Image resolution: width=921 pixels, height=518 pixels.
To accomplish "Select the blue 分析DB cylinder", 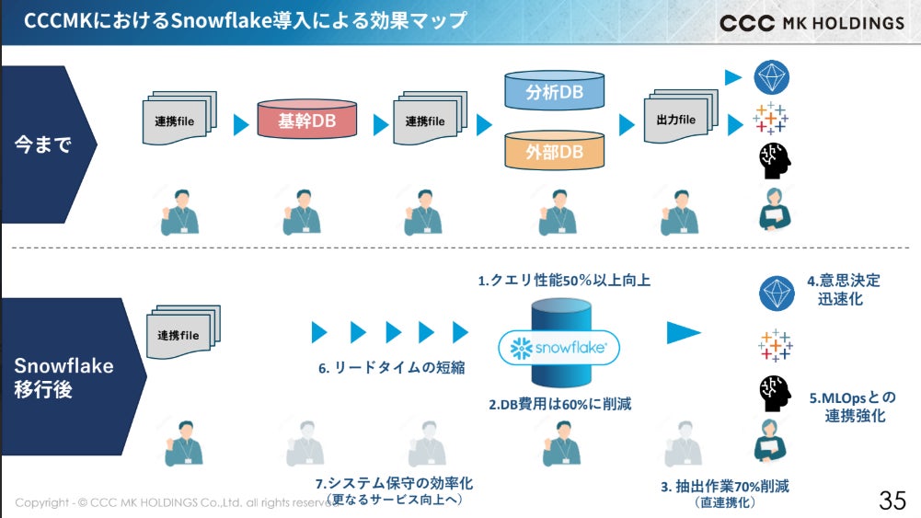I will click(555, 92).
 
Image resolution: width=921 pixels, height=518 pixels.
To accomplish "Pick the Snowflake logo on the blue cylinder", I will click(558, 349).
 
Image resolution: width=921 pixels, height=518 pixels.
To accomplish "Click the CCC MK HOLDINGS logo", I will click(812, 23).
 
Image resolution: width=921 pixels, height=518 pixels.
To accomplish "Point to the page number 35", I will click(892, 501).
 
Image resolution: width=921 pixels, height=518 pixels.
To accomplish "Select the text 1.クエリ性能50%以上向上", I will click(564, 281).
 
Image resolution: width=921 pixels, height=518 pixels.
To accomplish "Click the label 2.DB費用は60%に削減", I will click(559, 403).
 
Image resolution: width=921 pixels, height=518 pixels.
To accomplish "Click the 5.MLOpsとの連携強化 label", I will click(852, 407).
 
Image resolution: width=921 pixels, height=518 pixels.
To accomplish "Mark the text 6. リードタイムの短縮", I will click(391, 368).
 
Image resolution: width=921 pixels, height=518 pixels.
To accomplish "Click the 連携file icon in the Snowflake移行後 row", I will click(183, 334).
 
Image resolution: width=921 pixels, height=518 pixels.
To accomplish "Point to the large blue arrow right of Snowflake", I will click(684, 333).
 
